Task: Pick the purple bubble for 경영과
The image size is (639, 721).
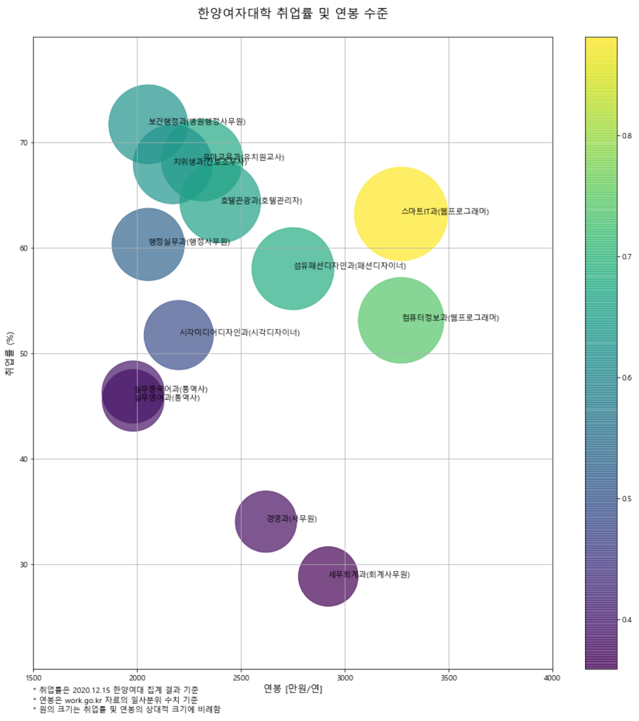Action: coord(265,521)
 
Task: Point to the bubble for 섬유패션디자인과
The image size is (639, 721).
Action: coord(292,268)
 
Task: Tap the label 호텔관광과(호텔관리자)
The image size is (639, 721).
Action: coord(261,200)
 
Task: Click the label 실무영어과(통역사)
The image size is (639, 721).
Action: coord(167,398)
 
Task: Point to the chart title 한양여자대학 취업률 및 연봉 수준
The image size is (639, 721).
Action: coord(292,14)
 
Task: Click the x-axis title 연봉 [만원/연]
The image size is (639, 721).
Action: coord(292,688)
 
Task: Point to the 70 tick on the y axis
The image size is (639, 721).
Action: coord(24,143)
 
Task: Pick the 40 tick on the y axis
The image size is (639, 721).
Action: coord(24,459)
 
